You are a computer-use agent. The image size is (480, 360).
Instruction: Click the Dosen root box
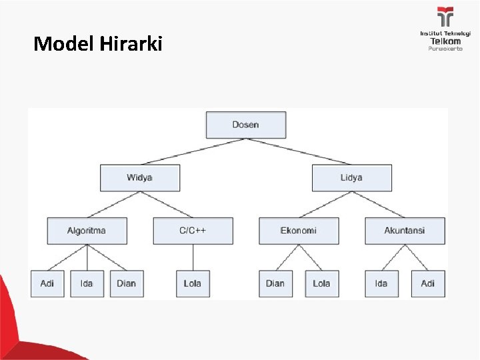coord(246,125)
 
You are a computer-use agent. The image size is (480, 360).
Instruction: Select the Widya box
coord(140,178)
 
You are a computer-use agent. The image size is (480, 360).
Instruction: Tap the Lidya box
coord(351,178)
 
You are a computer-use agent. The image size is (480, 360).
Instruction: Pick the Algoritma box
coord(87,231)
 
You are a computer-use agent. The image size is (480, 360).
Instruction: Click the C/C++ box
coord(193,231)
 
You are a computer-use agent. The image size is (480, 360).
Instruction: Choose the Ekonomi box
coord(299,231)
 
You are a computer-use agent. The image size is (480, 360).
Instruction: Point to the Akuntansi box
coord(405,231)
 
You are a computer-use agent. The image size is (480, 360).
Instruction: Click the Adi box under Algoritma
coord(47,283)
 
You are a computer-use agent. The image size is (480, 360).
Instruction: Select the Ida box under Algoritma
coord(87,283)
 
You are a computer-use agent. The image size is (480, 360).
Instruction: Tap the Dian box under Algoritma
coord(126,283)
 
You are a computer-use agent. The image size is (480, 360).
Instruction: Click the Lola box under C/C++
coord(193,283)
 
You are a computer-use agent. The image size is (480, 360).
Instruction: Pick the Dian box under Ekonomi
coord(275,283)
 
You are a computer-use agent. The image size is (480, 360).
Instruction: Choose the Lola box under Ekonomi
coord(321,283)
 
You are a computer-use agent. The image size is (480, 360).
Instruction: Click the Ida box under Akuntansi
coord(381,283)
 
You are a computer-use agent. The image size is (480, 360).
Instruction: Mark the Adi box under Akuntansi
coord(428,283)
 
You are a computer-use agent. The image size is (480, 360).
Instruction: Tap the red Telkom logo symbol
coord(445,17)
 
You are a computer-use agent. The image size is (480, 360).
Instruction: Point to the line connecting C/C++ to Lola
coord(193,257)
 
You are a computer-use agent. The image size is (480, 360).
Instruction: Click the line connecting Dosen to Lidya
coord(300,152)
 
